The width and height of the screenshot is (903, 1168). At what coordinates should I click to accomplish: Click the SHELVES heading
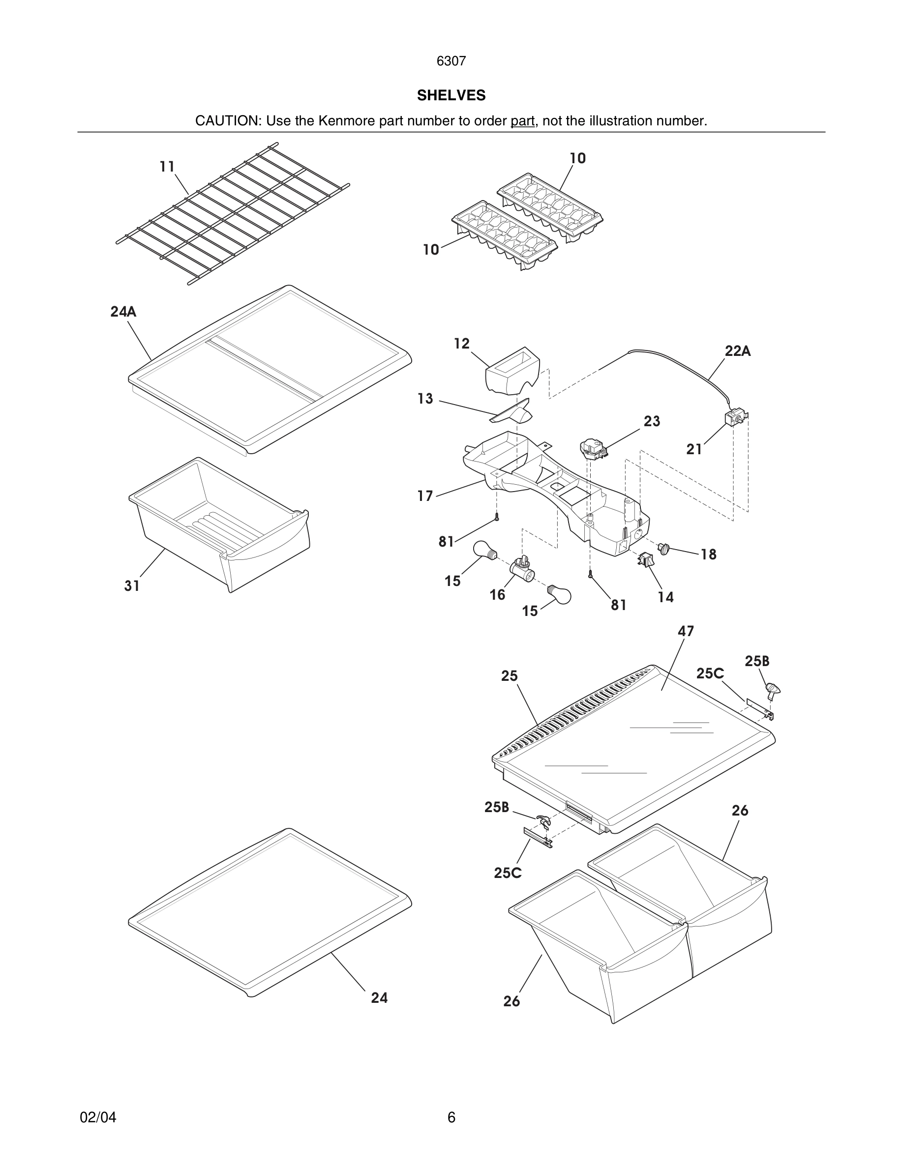451,95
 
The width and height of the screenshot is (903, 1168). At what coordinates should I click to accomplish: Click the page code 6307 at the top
451,61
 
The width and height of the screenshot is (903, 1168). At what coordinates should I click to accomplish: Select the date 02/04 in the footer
98,1117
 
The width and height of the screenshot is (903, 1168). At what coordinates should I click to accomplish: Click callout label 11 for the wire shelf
167,167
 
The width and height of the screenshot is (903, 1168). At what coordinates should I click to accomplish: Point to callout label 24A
123,312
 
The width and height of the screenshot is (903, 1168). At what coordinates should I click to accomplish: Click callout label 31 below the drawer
132,586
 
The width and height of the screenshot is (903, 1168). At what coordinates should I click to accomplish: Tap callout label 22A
737,351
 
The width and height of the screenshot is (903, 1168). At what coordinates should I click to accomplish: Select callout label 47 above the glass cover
685,631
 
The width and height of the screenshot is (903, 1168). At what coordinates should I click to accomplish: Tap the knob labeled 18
664,548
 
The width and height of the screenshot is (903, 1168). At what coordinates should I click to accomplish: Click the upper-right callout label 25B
756,662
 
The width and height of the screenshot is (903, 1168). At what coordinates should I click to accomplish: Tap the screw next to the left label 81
496,517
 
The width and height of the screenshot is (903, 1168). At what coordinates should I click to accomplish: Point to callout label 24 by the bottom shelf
379,998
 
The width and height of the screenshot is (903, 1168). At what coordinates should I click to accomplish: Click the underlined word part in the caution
522,121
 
